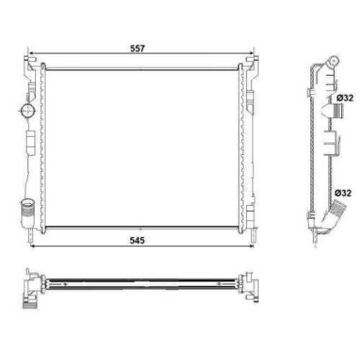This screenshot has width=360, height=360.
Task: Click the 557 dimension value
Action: [x=138, y=48]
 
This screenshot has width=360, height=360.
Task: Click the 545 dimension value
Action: [x=137, y=240]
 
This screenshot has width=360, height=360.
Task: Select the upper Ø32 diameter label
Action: [x=345, y=98]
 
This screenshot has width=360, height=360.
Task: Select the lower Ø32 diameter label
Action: [x=343, y=193]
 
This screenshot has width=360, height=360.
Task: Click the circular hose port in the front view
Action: [x=28, y=111]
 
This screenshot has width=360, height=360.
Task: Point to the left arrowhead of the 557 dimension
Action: [x=30, y=53]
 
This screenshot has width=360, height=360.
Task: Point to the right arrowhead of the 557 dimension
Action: [x=251, y=53]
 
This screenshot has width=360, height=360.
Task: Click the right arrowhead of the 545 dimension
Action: [x=251, y=246]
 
